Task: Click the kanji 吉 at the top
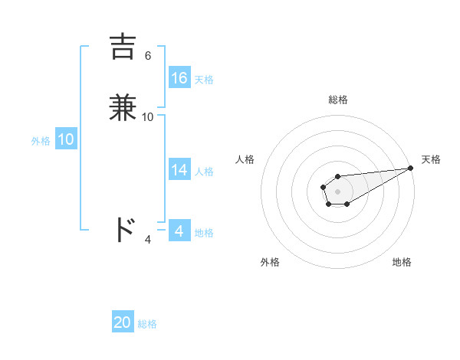(x=125, y=47)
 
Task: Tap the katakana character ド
(x=125, y=230)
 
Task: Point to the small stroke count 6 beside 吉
(x=147, y=56)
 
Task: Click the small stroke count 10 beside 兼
(x=148, y=117)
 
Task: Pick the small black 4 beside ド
(x=148, y=240)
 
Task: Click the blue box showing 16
(x=179, y=78)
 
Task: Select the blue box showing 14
(x=179, y=171)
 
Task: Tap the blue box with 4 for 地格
(x=179, y=231)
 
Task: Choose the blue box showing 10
(x=66, y=139)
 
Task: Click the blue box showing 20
(x=123, y=322)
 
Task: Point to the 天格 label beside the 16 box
(x=204, y=79)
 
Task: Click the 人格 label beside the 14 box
(x=204, y=172)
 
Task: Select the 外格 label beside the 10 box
(x=41, y=141)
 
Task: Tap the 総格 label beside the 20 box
(x=147, y=324)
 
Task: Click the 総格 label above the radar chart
(x=337, y=100)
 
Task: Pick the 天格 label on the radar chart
(x=431, y=159)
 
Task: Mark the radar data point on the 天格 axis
(x=410, y=168)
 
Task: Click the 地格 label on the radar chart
(x=402, y=262)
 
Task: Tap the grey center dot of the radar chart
(x=337, y=190)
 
